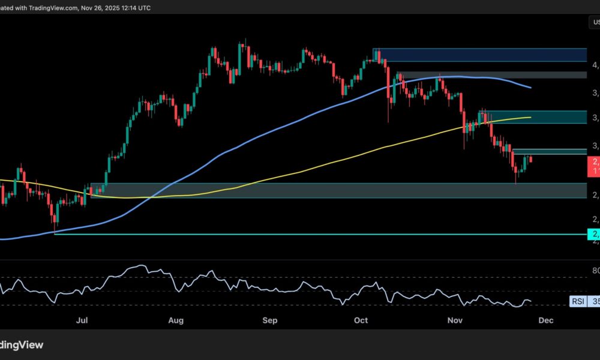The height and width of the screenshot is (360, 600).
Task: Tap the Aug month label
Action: (x=176, y=321)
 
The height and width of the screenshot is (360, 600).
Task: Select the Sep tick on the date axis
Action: (x=270, y=321)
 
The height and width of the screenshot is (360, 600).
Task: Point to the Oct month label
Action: (x=361, y=321)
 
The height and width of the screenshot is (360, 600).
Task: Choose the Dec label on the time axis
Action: (x=545, y=321)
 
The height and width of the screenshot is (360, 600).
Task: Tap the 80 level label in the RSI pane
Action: (x=594, y=271)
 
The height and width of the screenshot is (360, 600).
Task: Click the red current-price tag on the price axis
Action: (x=594, y=166)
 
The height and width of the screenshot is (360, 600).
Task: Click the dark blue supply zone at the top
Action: (x=480, y=55)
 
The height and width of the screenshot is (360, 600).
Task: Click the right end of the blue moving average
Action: (x=530, y=88)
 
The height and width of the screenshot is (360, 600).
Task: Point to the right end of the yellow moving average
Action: (x=530, y=117)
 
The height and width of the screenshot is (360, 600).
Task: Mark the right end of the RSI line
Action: (x=531, y=301)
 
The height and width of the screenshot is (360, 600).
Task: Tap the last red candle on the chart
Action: (x=530, y=158)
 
